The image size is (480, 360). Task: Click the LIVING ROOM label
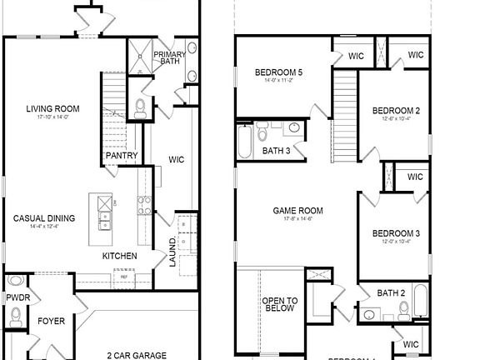52,108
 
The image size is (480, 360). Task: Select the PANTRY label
121,156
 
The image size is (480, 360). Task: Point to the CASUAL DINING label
43,218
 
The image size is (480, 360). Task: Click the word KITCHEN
120,256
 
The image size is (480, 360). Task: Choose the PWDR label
17,297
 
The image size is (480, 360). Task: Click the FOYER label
52,321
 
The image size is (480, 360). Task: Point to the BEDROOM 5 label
278,72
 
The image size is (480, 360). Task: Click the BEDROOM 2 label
395,110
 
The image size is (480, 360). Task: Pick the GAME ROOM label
297,211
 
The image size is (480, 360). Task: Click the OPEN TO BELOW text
280,305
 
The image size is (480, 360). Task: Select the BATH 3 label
276,151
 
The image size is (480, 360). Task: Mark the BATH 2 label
391,293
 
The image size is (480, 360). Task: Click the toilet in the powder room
16,315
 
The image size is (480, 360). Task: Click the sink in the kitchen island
104,220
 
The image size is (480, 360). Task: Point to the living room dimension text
52,117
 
